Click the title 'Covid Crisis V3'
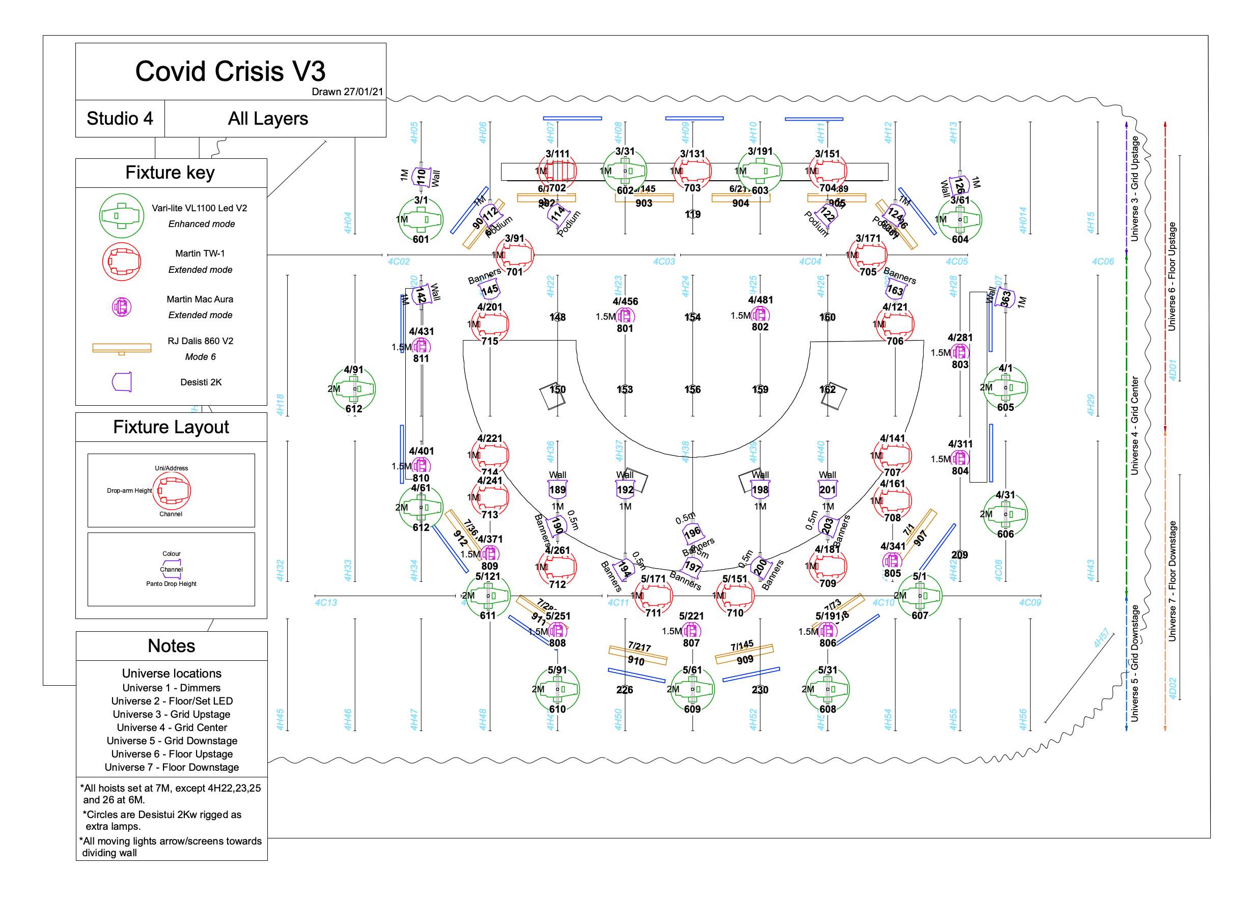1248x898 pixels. point(230,72)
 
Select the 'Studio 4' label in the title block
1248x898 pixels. point(120,118)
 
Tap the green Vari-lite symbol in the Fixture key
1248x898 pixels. point(121,215)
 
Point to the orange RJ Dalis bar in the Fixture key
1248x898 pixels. point(122,348)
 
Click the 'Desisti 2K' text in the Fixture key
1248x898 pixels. point(201,382)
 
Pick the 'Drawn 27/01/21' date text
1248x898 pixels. point(347,91)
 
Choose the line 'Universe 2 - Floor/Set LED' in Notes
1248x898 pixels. point(172,701)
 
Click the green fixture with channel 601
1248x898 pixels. point(421,219)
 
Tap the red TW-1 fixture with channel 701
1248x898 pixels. point(514,255)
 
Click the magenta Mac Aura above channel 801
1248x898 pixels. point(625,316)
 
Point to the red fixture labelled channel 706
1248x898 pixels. point(895,324)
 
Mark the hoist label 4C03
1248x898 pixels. point(663,261)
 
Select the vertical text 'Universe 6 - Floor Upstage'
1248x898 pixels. point(1172,276)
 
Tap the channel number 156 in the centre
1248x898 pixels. point(692,389)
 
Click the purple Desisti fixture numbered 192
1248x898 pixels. point(625,490)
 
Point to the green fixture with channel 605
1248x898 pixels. point(1005,388)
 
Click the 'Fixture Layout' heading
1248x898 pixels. point(171,427)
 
